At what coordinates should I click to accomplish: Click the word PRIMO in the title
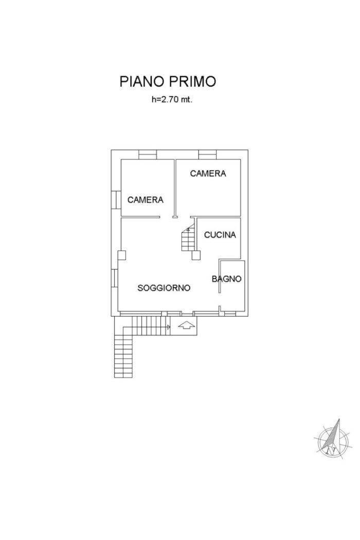192,82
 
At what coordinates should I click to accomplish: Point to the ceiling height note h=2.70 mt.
172,100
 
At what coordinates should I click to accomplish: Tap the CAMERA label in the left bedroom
146,200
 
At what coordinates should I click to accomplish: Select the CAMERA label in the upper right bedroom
208,174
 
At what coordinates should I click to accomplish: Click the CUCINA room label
220,235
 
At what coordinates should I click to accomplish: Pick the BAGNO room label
226,279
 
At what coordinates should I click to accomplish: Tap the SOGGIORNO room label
164,288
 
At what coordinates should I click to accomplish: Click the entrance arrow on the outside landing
186,326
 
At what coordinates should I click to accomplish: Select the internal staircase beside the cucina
188,237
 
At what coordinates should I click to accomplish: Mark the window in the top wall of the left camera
148,155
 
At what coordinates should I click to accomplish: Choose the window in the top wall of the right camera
208,155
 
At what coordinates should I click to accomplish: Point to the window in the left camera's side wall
116,200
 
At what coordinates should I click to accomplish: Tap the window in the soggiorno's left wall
115,278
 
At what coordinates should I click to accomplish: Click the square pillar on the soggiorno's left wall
121,255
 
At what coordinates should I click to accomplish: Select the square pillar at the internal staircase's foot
196,255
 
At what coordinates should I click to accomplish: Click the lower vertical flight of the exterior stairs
123,356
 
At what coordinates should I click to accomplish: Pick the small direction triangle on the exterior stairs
169,327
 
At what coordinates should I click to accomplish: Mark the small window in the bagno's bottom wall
230,314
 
